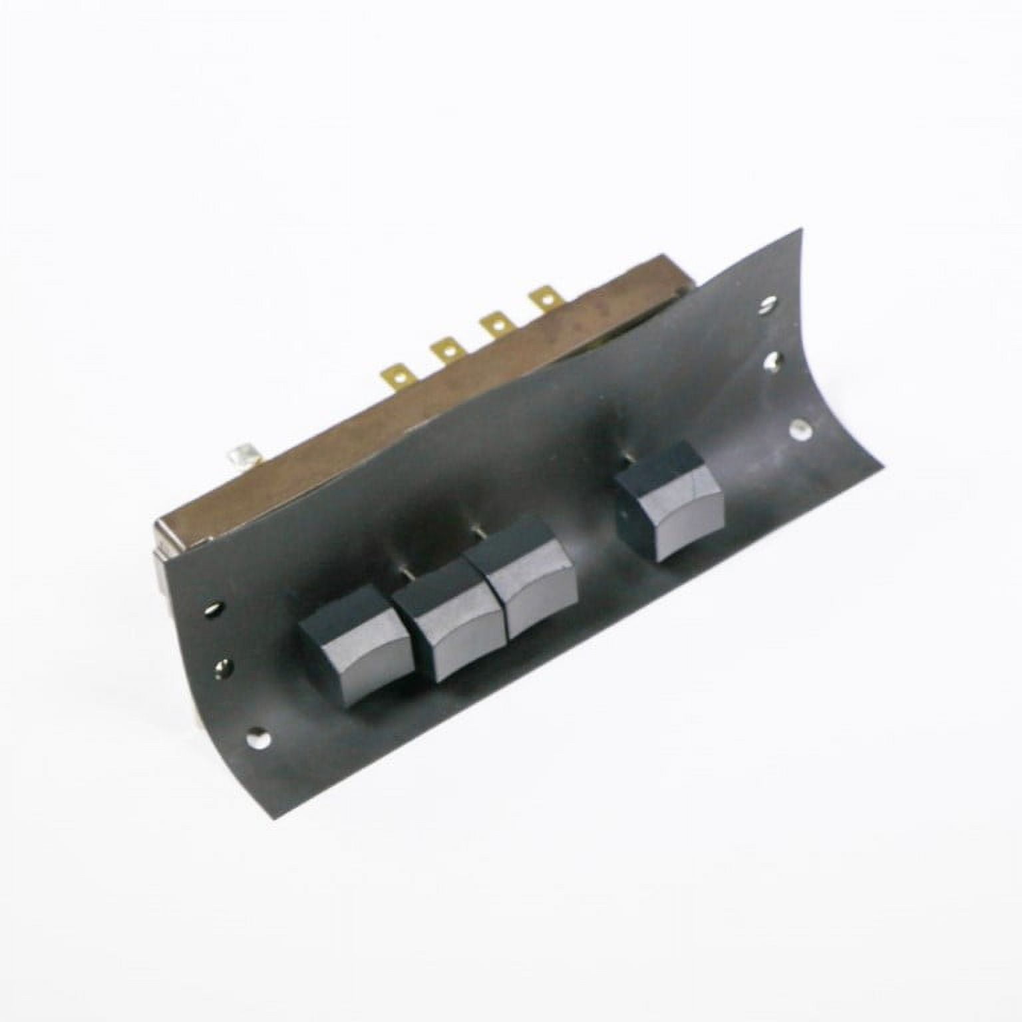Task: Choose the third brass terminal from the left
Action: coord(495,326)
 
